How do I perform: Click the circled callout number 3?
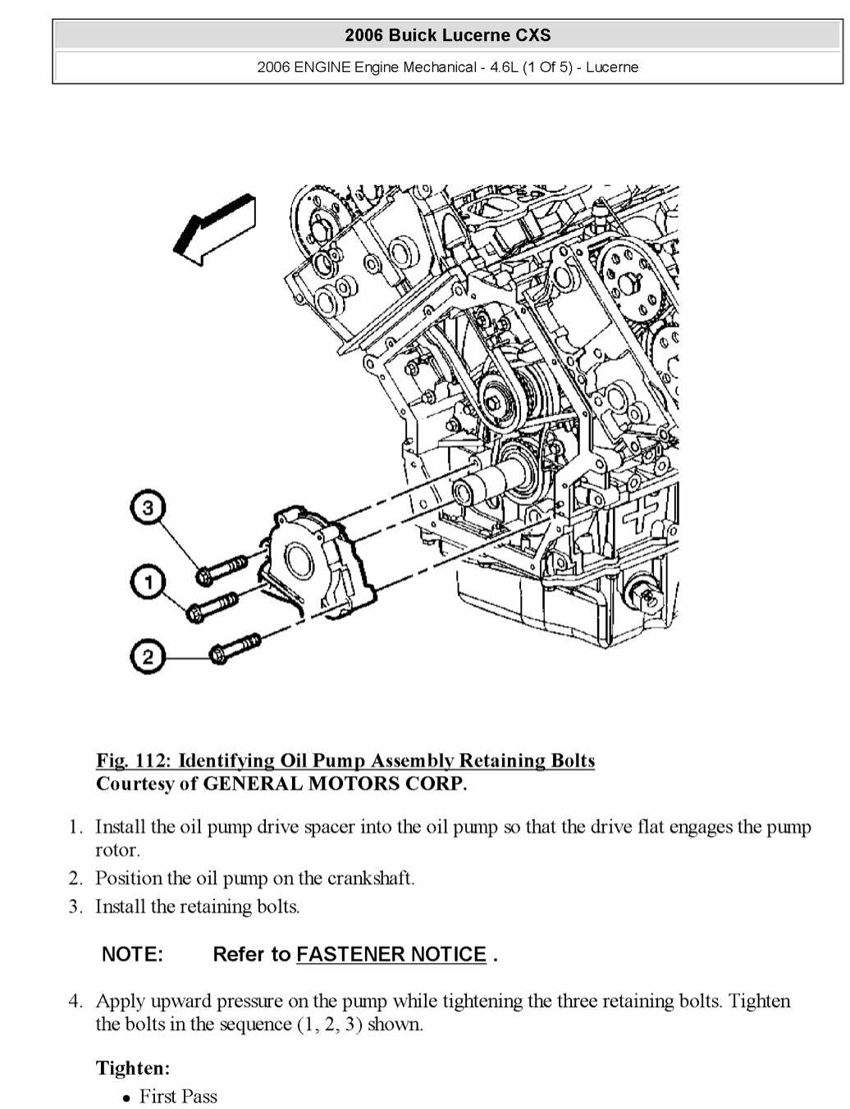point(148,508)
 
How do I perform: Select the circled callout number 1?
point(148,583)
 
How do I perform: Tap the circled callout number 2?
point(148,656)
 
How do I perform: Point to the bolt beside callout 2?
point(235,649)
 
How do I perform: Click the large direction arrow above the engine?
point(214,229)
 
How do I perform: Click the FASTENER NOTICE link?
point(391,954)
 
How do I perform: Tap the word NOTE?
point(132,954)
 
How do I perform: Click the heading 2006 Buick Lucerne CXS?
point(447,35)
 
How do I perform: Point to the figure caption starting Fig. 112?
point(345,760)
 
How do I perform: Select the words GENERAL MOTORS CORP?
point(335,783)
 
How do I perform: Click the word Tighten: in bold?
point(133,1068)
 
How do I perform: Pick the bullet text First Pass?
point(178,1097)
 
